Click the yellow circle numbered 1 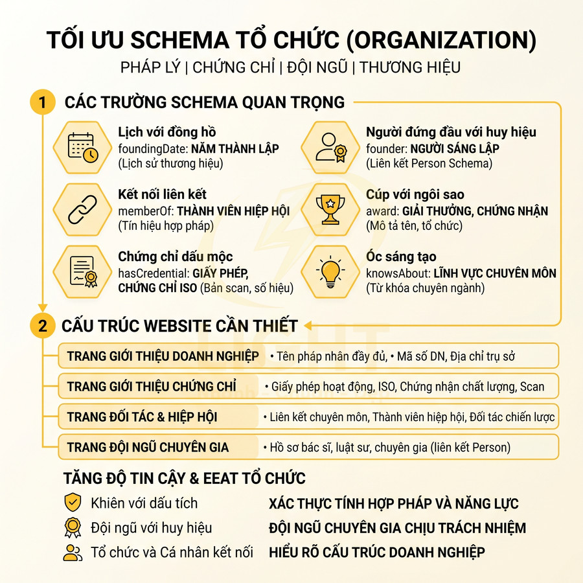pyautogui.click(x=43, y=102)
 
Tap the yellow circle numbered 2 pyautogui.click(x=43, y=326)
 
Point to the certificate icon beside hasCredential pyautogui.click(x=83, y=271)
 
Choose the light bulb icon pyautogui.click(x=331, y=271)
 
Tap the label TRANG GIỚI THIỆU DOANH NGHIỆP pyautogui.click(x=163, y=356)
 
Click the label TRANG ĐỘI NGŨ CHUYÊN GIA pyautogui.click(x=148, y=448)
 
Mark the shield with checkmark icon pyautogui.click(x=73, y=503)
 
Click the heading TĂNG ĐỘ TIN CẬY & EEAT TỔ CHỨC pyautogui.click(x=184, y=479)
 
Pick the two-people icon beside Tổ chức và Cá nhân pyautogui.click(x=73, y=553)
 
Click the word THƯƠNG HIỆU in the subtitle pyautogui.click(x=411, y=67)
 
